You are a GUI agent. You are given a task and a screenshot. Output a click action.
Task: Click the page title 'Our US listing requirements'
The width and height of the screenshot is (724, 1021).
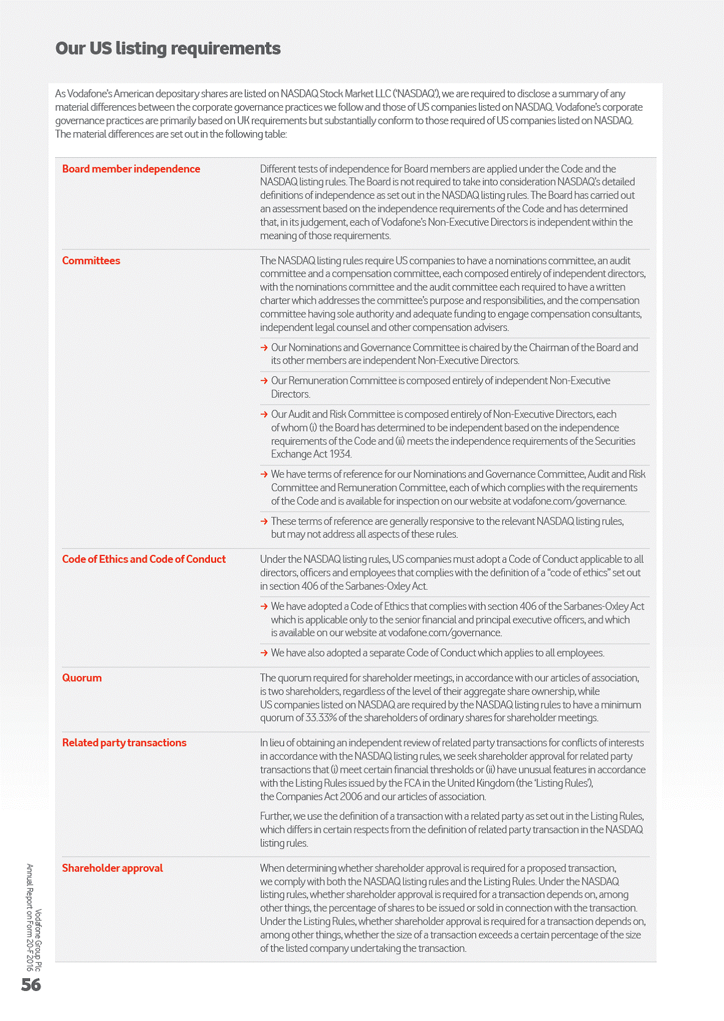(168, 48)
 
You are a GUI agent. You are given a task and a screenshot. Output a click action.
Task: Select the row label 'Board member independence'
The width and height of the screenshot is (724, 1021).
(131, 169)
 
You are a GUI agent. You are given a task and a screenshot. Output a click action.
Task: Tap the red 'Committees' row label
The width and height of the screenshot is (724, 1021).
(91, 261)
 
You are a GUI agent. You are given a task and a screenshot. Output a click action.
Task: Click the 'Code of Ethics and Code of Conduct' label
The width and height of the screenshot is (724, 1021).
(144, 559)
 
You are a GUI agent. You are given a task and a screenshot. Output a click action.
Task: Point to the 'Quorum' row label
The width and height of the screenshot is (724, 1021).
(82, 678)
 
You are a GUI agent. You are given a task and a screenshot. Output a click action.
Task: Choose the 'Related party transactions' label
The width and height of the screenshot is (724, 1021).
(124, 743)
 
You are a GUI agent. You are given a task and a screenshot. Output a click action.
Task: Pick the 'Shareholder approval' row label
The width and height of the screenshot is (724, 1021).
(113, 868)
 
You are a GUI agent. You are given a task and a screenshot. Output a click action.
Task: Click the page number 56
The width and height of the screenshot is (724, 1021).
(31, 985)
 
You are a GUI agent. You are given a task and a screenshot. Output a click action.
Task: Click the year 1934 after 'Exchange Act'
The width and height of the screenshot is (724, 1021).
(340, 454)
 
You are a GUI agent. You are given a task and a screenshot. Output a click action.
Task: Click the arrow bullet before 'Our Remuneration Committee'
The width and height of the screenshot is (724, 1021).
(264, 381)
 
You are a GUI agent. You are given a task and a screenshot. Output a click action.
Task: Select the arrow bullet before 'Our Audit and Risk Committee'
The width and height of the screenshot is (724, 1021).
(264, 415)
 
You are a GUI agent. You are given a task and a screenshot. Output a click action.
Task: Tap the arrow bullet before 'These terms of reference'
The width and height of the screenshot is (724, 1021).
(264, 522)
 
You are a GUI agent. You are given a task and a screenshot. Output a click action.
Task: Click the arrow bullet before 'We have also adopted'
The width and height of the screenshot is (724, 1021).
(264, 653)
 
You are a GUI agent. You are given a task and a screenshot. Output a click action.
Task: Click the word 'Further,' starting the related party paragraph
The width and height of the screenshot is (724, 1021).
(275, 816)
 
